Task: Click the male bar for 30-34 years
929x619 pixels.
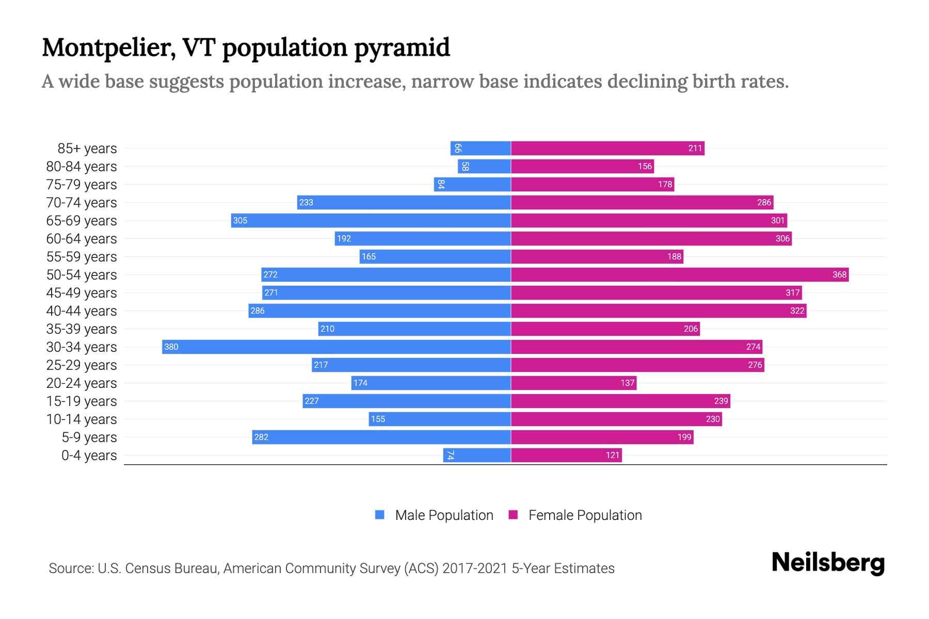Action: click(x=337, y=347)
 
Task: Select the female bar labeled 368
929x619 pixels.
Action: click(x=680, y=274)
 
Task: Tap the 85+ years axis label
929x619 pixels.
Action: click(x=87, y=149)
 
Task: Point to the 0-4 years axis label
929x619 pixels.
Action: click(x=89, y=455)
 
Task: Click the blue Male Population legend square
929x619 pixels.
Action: click(x=380, y=515)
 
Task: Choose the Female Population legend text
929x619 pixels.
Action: click(x=585, y=515)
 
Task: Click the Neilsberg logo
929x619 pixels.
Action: click(x=828, y=563)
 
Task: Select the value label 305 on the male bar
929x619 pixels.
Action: click(x=240, y=221)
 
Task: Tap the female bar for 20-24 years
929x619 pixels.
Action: click(x=573, y=383)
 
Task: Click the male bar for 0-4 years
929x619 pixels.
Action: click(x=477, y=455)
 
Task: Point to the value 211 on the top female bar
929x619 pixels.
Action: click(x=695, y=149)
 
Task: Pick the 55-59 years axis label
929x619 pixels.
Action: click(x=82, y=257)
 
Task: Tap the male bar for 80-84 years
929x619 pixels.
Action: click(x=484, y=166)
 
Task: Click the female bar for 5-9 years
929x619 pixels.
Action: click(x=602, y=437)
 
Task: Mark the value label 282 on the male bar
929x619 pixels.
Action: click(x=261, y=437)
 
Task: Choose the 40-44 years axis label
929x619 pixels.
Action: click(x=82, y=311)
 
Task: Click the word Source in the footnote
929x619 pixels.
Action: click(x=70, y=568)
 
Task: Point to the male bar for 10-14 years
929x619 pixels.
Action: click(x=440, y=419)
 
